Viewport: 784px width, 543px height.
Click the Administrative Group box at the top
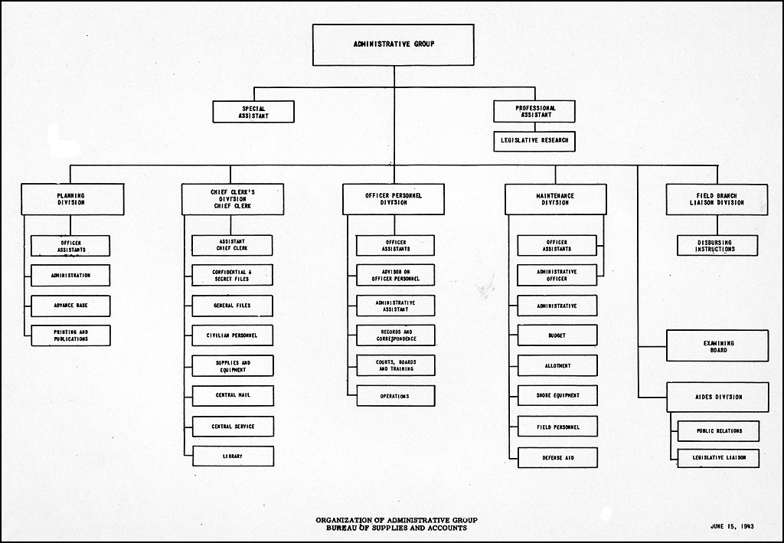click(394, 45)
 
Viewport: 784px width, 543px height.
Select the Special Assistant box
click(253, 112)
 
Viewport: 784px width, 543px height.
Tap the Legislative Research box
click(534, 141)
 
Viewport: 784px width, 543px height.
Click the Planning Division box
click(73, 199)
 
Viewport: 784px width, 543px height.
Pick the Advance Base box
click(70, 306)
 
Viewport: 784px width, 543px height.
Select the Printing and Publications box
click(70, 335)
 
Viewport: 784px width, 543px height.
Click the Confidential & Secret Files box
click(233, 276)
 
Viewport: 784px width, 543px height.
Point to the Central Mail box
click(233, 395)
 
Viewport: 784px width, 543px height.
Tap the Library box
click(233, 456)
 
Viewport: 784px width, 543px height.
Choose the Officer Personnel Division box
click(394, 199)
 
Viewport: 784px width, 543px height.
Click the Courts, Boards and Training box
click(396, 365)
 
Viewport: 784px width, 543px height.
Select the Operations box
click(396, 396)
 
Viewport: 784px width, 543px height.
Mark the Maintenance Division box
click(556, 199)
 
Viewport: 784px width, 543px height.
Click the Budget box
click(557, 335)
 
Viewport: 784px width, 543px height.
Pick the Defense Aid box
click(557, 457)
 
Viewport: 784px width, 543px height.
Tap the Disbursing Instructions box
click(717, 246)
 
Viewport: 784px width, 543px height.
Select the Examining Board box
click(717, 345)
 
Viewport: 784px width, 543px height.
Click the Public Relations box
click(718, 431)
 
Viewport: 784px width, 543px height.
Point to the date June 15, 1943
click(732, 526)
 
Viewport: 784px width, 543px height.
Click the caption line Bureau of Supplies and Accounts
click(397, 528)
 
